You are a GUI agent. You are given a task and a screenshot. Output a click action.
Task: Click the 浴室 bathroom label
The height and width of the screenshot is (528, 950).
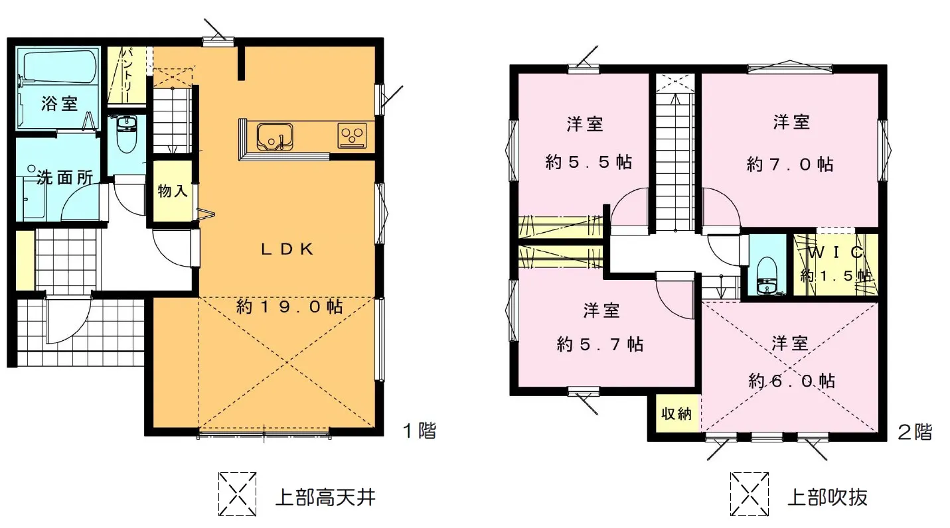tap(59, 103)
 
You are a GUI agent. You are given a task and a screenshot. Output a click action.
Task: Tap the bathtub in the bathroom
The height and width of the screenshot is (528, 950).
tap(59, 67)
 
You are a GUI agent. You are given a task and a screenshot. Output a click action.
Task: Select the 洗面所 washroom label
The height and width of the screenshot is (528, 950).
tap(65, 178)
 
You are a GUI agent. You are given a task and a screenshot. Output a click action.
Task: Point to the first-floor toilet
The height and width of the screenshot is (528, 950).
tap(126, 134)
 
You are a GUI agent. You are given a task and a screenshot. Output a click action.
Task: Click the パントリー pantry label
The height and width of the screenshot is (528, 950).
tap(129, 75)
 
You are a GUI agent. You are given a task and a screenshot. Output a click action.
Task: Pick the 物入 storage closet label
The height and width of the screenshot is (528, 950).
tap(172, 191)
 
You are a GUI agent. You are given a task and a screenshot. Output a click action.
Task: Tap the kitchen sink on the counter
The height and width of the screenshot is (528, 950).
tap(275, 137)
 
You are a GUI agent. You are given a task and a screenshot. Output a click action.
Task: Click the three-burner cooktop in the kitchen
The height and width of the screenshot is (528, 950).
tap(352, 135)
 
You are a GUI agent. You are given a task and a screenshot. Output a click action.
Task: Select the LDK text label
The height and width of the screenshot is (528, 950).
tap(287, 249)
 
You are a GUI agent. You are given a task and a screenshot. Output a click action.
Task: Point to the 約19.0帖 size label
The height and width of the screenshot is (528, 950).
tap(289, 306)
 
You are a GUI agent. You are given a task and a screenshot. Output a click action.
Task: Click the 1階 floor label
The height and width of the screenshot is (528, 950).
tap(420, 430)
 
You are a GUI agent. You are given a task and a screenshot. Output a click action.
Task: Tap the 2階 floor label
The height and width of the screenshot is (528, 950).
tap(915, 432)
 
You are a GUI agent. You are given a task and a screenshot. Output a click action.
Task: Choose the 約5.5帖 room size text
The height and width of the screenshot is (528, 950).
tap(589, 162)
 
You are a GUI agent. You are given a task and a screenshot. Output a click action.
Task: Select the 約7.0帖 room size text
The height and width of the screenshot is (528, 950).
tap(790, 164)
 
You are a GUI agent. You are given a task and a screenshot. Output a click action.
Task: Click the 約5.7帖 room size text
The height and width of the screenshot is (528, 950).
tap(599, 344)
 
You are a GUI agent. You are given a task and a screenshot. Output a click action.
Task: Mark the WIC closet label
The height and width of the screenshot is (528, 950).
tap(836, 253)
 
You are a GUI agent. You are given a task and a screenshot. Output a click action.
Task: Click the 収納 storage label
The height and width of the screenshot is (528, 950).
tap(676, 414)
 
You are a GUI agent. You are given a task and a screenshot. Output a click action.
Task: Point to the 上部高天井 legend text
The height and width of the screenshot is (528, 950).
tap(326, 497)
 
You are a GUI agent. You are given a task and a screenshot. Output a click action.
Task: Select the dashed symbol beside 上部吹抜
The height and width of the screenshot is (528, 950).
tap(750, 494)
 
